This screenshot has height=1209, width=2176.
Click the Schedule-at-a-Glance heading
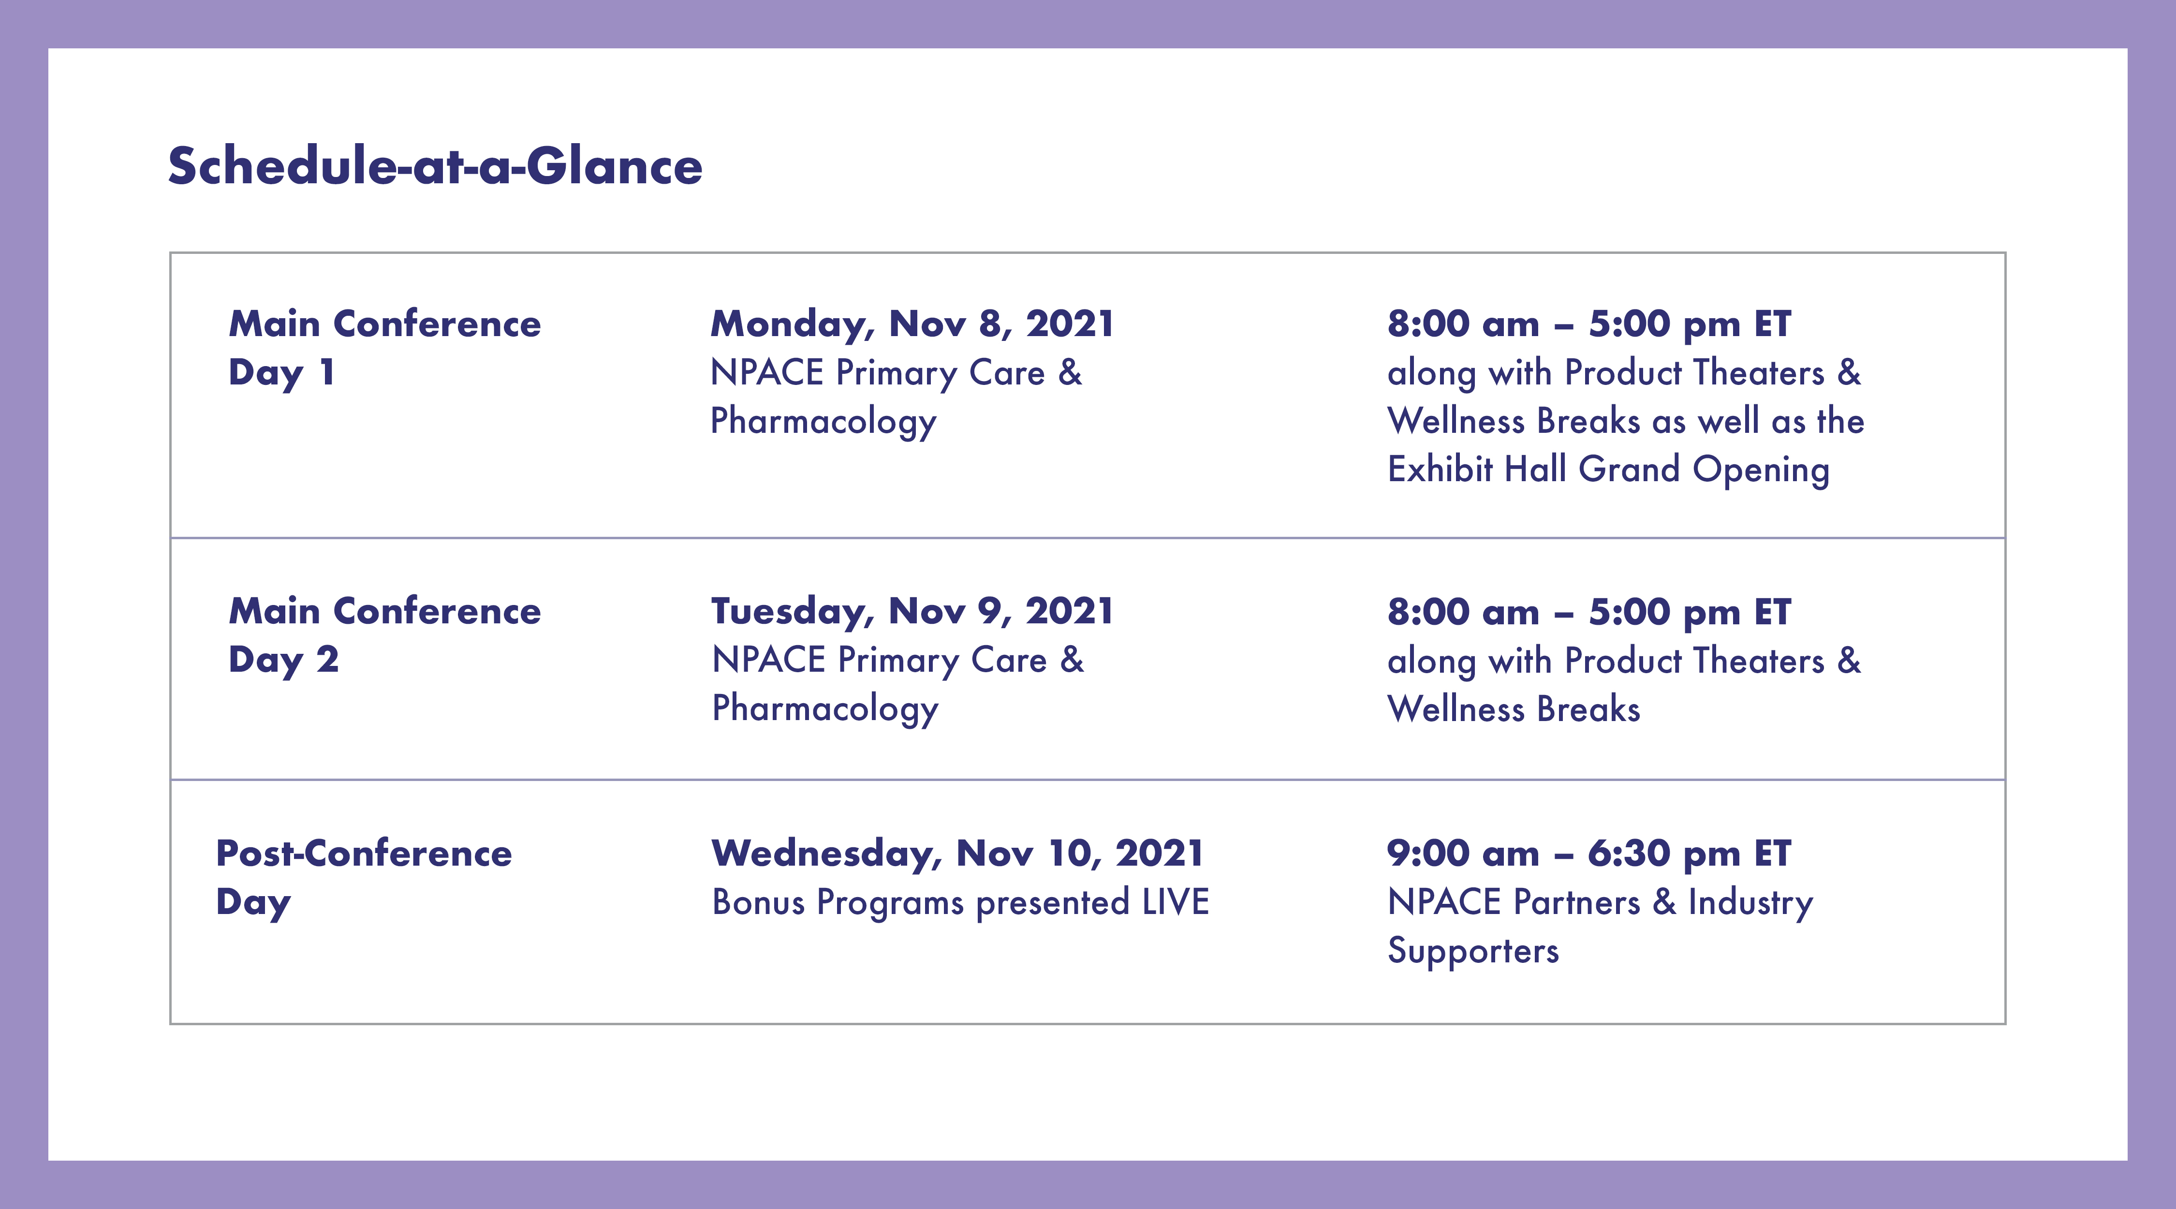click(435, 165)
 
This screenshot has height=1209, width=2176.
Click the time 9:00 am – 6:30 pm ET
click(1589, 854)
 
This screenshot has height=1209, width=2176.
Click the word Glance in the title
click(614, 165)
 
